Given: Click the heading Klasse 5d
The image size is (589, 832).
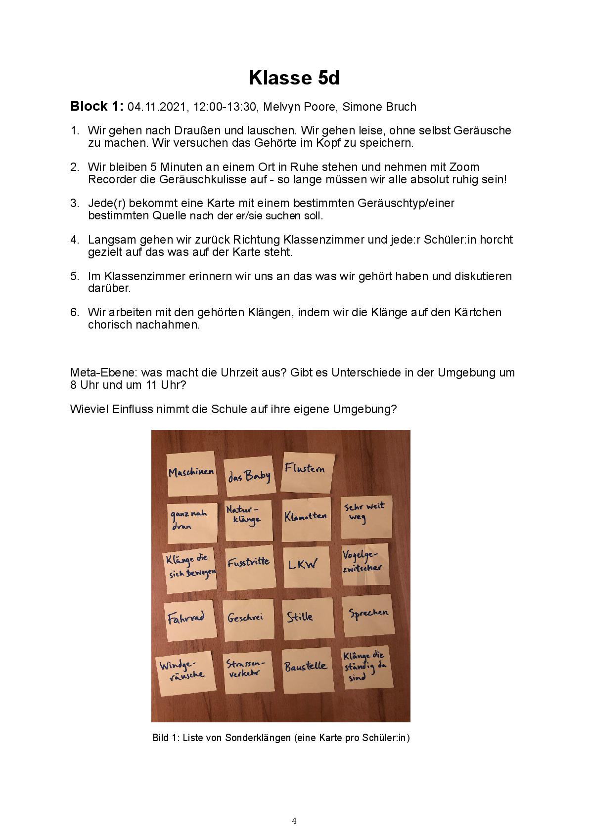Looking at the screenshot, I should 294,78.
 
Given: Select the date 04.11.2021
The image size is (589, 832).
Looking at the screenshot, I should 157,107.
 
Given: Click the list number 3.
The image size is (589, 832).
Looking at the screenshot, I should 75,203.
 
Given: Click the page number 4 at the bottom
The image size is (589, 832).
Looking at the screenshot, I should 294,807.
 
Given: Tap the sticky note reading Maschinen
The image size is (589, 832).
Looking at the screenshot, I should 191,473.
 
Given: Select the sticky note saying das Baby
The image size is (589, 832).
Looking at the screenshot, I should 249,476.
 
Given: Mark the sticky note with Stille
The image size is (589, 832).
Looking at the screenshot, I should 306,618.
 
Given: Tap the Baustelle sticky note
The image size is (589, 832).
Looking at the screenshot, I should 306,668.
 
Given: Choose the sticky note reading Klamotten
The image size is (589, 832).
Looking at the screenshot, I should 306,518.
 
